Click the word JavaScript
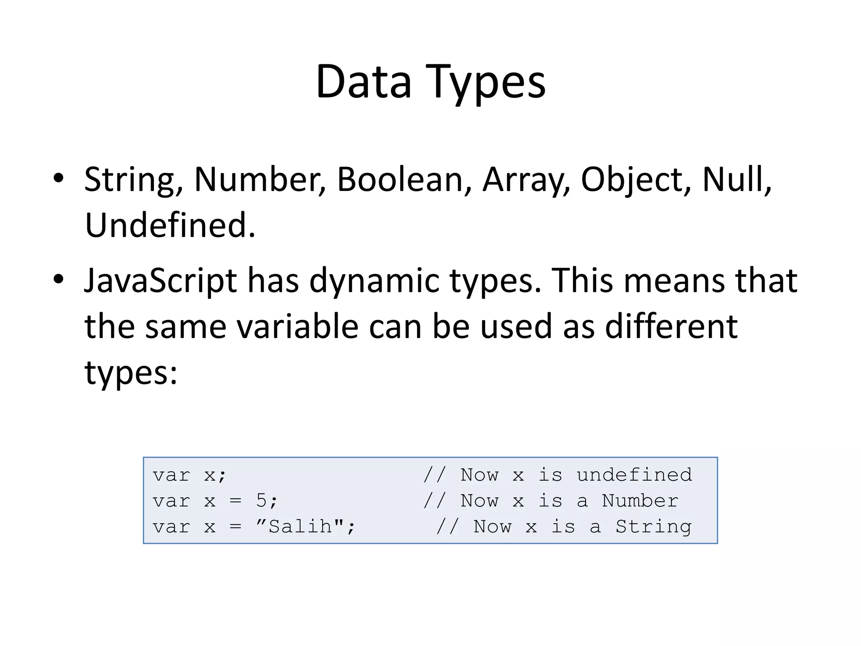point(161,281)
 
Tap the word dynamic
point(374,281)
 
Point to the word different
point(671,326)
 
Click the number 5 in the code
point(261,500)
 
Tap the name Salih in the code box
point(300,527)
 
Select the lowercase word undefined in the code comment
point(634,475)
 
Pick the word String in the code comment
point(653,527)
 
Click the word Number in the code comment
point(640,500)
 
